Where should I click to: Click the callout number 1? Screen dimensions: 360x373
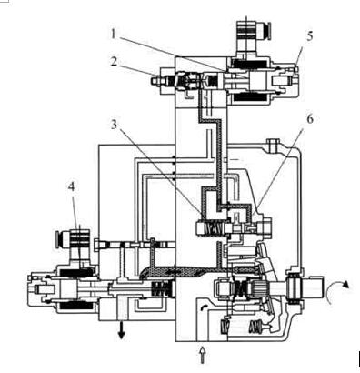click(x=113, y=34)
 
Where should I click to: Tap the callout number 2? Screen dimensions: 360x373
click(x=114, y=62)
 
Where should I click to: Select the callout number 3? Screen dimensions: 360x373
click(x=114, y=124)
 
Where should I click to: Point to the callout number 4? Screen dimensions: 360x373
click(x=71, y=186)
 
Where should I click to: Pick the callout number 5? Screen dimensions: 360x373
click(x=309, y=36)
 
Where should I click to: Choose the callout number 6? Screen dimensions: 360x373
click(x=309, y=119)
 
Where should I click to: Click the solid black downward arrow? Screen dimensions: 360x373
click(x=122, y=330)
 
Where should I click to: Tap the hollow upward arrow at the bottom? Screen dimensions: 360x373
click(x=202, y=356)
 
